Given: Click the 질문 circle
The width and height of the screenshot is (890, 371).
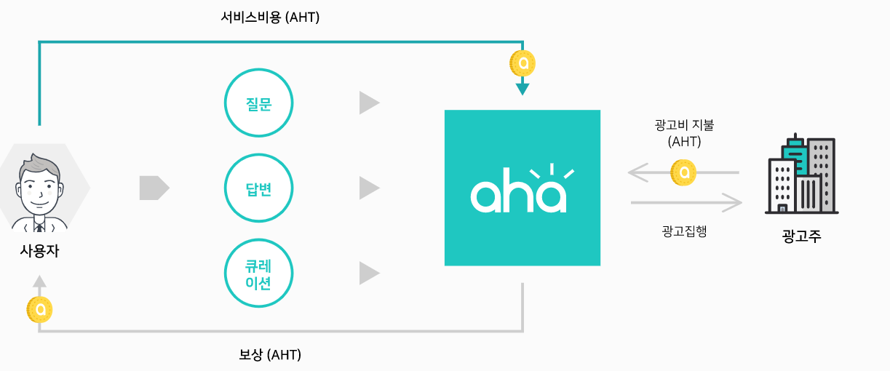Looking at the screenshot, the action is click(x=258, y=103).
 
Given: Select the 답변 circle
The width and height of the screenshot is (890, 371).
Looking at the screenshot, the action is click(x=258, y=188).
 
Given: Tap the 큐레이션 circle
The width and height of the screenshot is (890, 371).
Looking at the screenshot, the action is click(x=258, y=274).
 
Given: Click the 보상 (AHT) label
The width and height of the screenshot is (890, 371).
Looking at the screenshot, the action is click(x=270, y=355).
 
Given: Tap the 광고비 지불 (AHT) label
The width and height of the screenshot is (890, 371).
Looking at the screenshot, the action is click(x=684, y=133).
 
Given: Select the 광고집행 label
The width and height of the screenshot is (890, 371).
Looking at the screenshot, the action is click(x=684, y=232).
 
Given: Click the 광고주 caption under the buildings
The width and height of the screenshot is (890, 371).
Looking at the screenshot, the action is click(x=801, y=236).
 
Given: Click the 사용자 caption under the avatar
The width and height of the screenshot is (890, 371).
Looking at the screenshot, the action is click(x=39, y=252).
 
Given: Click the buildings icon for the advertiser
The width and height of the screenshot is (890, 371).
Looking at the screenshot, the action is click(x=801, y=175).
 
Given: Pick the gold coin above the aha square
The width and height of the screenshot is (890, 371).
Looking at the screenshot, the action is click(x=523, y=63).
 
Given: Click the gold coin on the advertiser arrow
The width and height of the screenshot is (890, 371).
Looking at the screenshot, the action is click(x=683, y=173).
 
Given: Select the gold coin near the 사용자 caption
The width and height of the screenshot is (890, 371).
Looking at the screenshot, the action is click(x=39, y=310).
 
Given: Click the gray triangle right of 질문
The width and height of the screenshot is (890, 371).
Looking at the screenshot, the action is click(x=368, y=103).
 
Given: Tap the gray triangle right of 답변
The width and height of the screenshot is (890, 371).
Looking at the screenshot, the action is click(x=368, y=188).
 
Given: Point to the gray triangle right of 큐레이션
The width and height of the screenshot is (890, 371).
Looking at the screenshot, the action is click(x=368, y=274).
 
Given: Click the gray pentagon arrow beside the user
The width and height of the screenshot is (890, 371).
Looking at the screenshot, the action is click(x=154, y=188).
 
